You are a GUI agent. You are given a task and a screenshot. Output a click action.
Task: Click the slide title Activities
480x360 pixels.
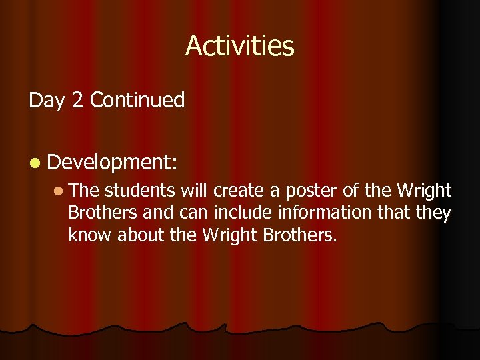tap(239, 46)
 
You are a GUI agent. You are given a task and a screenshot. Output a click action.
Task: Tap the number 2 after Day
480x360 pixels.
tap(77, 101)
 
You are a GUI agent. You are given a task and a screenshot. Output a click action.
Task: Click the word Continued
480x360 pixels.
tap(137, 101)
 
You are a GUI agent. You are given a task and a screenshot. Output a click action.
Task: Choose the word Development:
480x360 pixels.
tap(110, 162)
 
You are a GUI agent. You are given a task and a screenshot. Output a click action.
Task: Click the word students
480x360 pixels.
tap(141, 191)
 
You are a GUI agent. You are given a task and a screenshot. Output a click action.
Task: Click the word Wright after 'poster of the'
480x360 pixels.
tap(424, 191)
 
